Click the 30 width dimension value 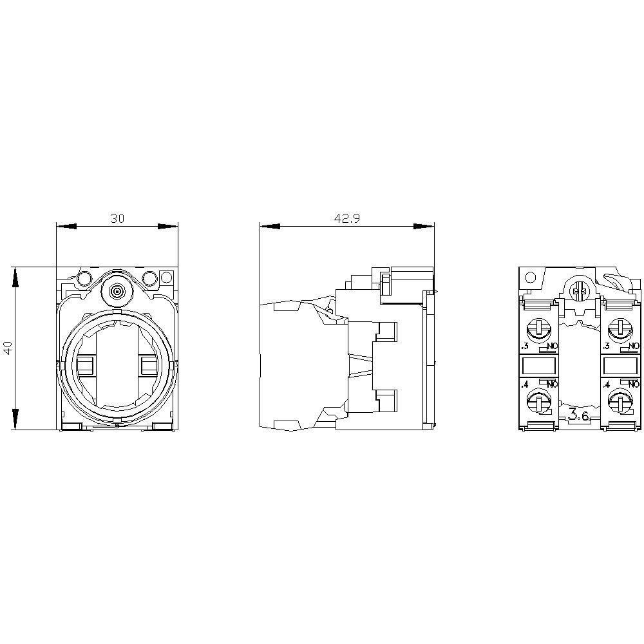[x=117, y=218]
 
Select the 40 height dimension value [x=8, y=348]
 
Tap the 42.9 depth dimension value [x=346, y=218]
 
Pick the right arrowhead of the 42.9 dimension [x=424, y=226]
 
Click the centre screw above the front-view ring [x=117, y=291]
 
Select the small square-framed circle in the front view [x=166, y=278]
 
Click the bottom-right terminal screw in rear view [x=621, y=403]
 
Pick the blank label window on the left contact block [x=536, y=366]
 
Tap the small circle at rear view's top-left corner [x=530, y=278]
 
